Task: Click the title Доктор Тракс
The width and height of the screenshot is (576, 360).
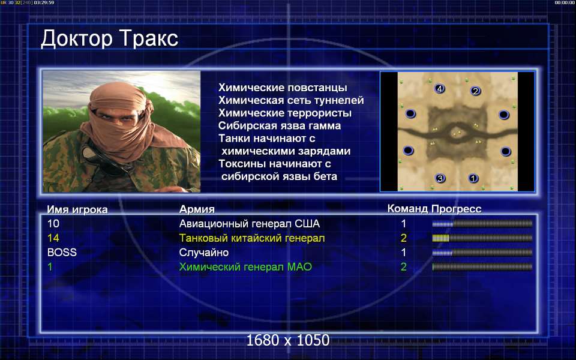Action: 109,39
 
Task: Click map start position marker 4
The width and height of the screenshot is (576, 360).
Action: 439,89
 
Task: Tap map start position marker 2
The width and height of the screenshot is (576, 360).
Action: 475,91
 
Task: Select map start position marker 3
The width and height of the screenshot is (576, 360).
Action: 440,179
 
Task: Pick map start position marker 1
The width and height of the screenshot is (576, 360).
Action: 473,178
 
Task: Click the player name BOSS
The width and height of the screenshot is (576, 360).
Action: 62,253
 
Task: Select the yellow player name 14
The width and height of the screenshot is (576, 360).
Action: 53,238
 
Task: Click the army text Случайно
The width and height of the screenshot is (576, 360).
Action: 204,253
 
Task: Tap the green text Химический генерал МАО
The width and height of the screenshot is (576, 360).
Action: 245,266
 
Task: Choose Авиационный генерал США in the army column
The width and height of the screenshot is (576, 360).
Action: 250,224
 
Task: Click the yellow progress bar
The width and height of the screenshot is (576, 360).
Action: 482,238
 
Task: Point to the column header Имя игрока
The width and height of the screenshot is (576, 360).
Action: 77,209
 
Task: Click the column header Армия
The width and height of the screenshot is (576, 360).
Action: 197,209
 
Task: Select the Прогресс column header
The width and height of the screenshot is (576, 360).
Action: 456,209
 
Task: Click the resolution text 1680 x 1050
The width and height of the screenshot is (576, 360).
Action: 287,340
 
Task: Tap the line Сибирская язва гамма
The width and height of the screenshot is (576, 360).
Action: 280,125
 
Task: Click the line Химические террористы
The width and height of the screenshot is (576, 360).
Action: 285,113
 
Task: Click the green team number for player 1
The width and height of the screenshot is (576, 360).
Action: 404,266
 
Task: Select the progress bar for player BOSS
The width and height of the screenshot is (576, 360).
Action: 482,253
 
